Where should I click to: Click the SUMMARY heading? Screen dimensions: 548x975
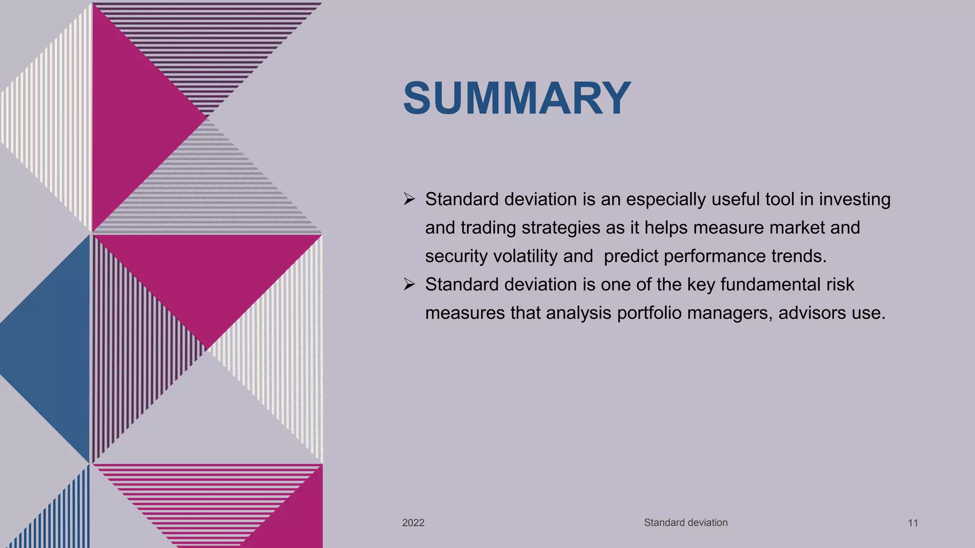point(517,98)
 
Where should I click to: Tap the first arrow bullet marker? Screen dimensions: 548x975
point(409,199)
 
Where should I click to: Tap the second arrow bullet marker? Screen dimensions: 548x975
point(409,284)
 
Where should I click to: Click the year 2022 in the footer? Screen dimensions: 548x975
point(413,523)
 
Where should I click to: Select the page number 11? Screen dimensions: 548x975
point(913,523)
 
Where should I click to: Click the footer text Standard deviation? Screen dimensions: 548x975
point(686,522)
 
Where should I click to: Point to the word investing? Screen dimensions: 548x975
point(855,199)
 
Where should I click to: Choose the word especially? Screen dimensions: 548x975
point(666,199)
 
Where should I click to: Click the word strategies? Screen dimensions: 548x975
point(561,228)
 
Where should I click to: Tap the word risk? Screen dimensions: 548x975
point(841,284)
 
